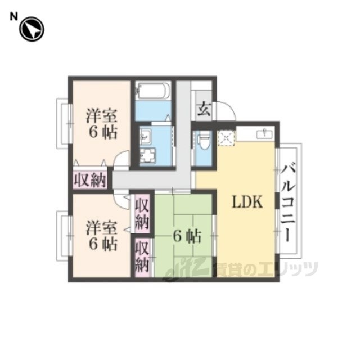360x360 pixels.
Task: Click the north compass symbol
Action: [x=31, y=29]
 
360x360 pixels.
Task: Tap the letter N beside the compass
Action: [x=13, y=17]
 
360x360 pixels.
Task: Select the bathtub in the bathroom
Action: [x=152, y=91]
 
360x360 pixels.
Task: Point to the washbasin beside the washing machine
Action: [x=146, y=136]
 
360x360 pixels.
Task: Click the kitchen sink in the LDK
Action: [x=265, y=133]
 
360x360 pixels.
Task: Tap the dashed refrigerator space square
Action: [x=226, y=138]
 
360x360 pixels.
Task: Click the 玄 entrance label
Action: [x=204, y=109]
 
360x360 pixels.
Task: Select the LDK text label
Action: [x=247, y=202]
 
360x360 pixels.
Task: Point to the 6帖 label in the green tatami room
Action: [x=187, y=236]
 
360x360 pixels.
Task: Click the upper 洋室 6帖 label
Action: [x=102, y=124]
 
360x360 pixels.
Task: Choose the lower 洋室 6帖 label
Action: [x=102, y=236]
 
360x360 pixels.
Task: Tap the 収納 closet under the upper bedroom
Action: [x=90, y=180]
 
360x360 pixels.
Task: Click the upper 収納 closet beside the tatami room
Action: [x=142, y=214]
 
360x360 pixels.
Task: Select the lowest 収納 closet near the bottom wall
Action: [x=142, y=258]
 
